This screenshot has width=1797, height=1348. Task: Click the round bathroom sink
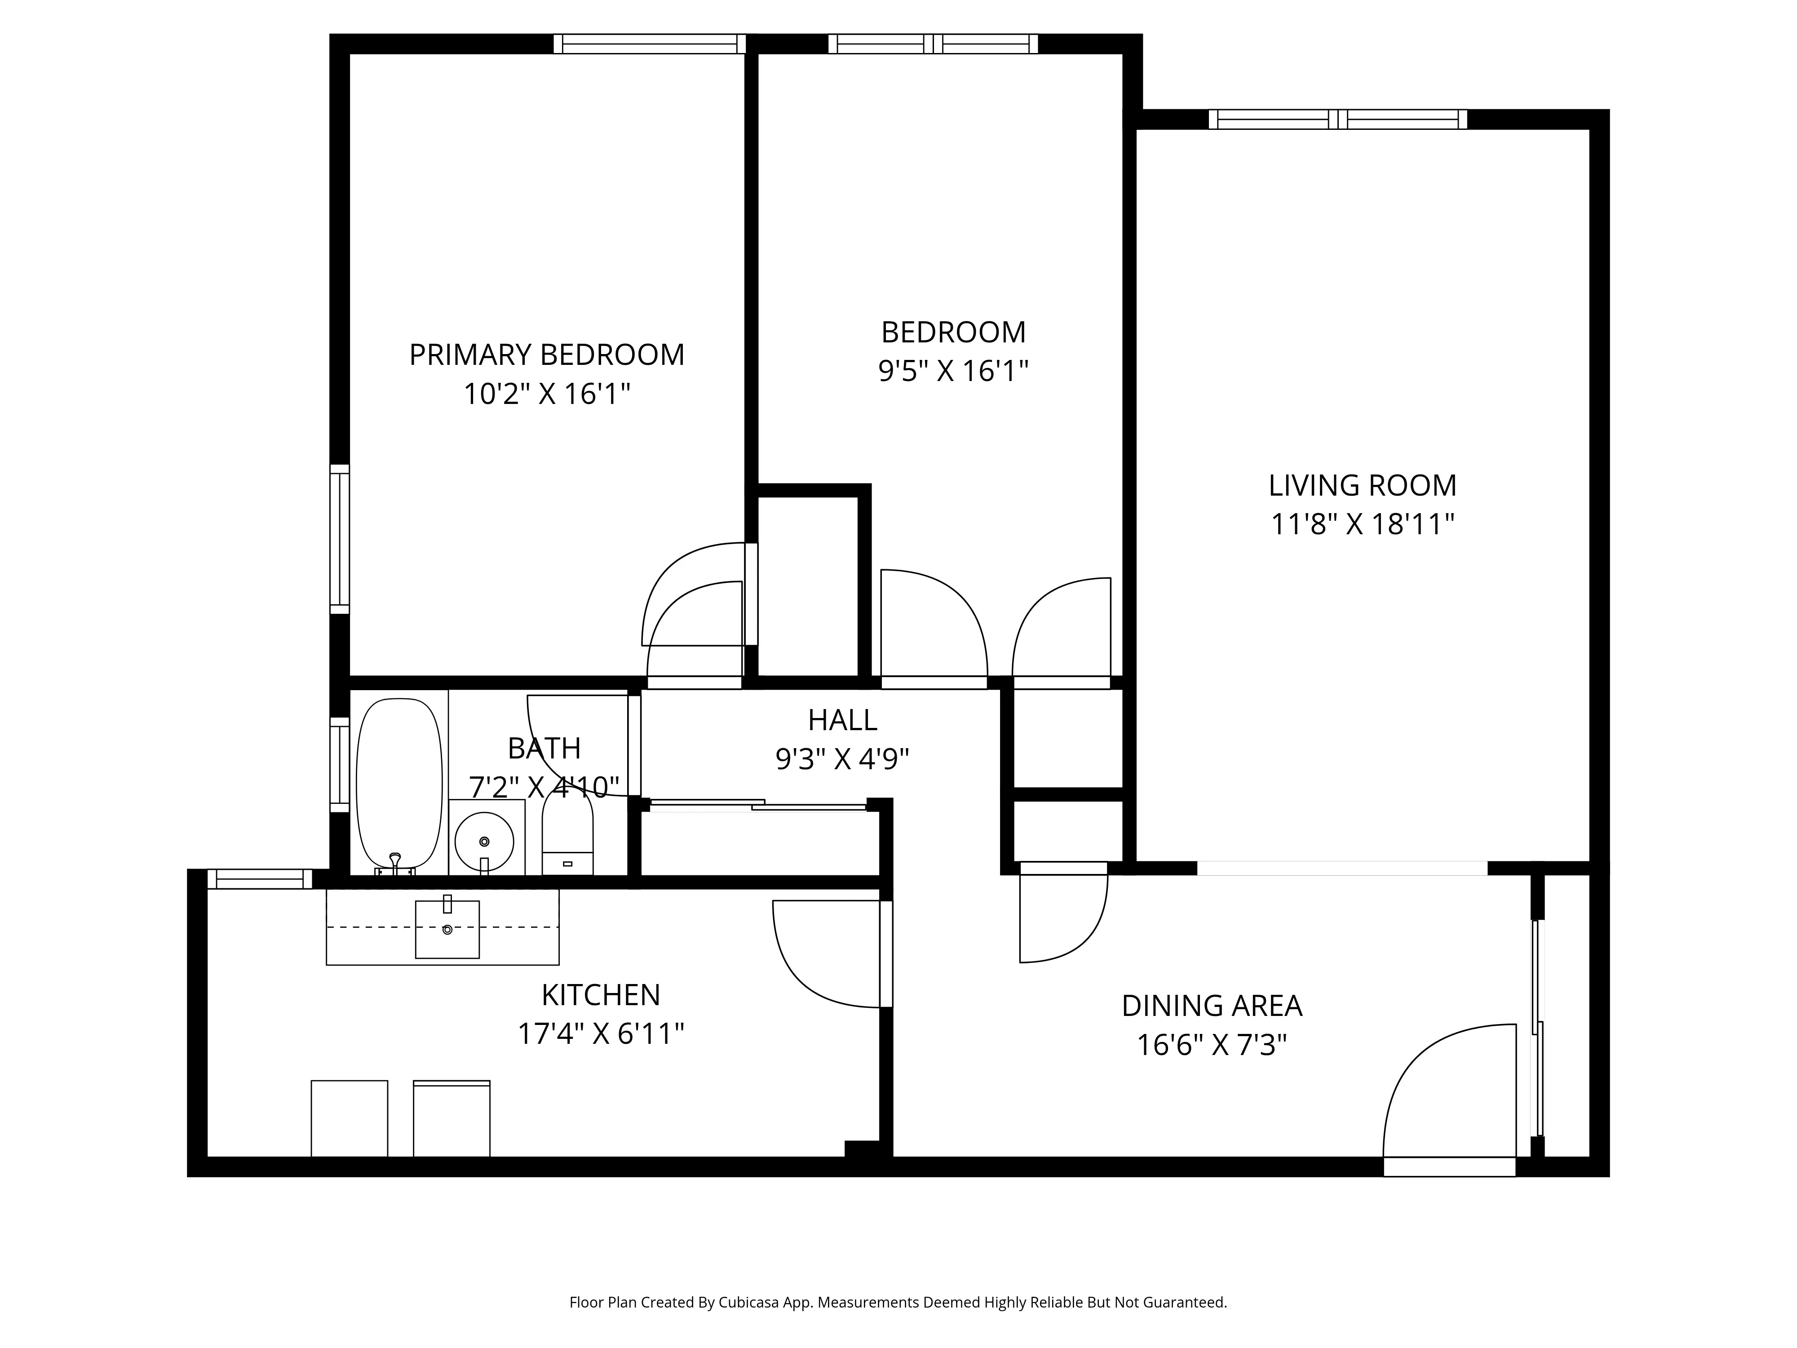(x=484, y=841)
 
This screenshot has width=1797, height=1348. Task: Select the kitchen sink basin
(x=447, y=930)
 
